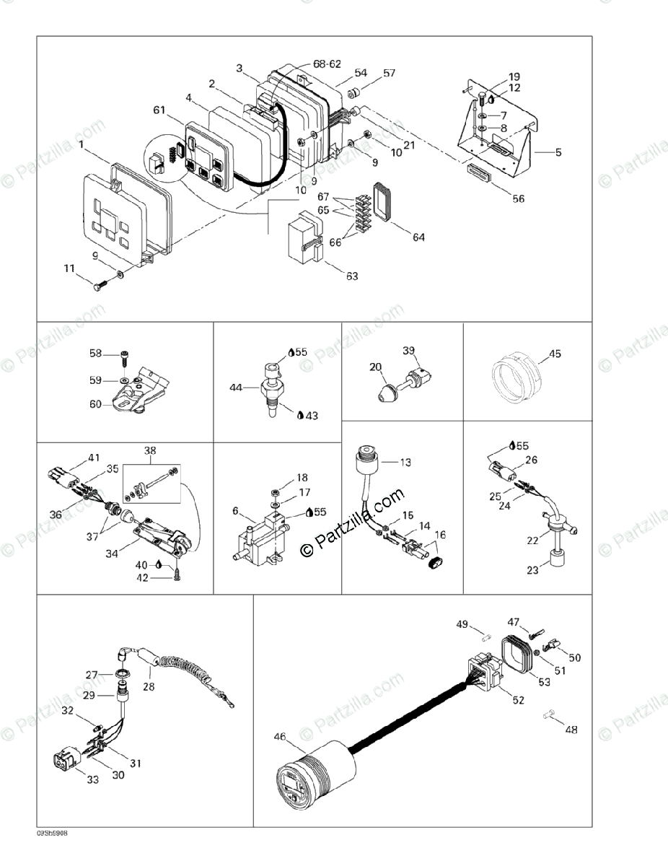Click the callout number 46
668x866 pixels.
point(280,737)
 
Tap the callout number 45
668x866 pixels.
point(555,354)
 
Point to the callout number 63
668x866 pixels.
point(352,276)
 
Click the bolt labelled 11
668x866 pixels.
point(99,285)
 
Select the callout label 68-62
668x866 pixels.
point(327,64)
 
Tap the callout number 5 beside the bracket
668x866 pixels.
point(558,153)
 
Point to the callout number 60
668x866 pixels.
point(96,404)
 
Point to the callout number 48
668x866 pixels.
point(571,730)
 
